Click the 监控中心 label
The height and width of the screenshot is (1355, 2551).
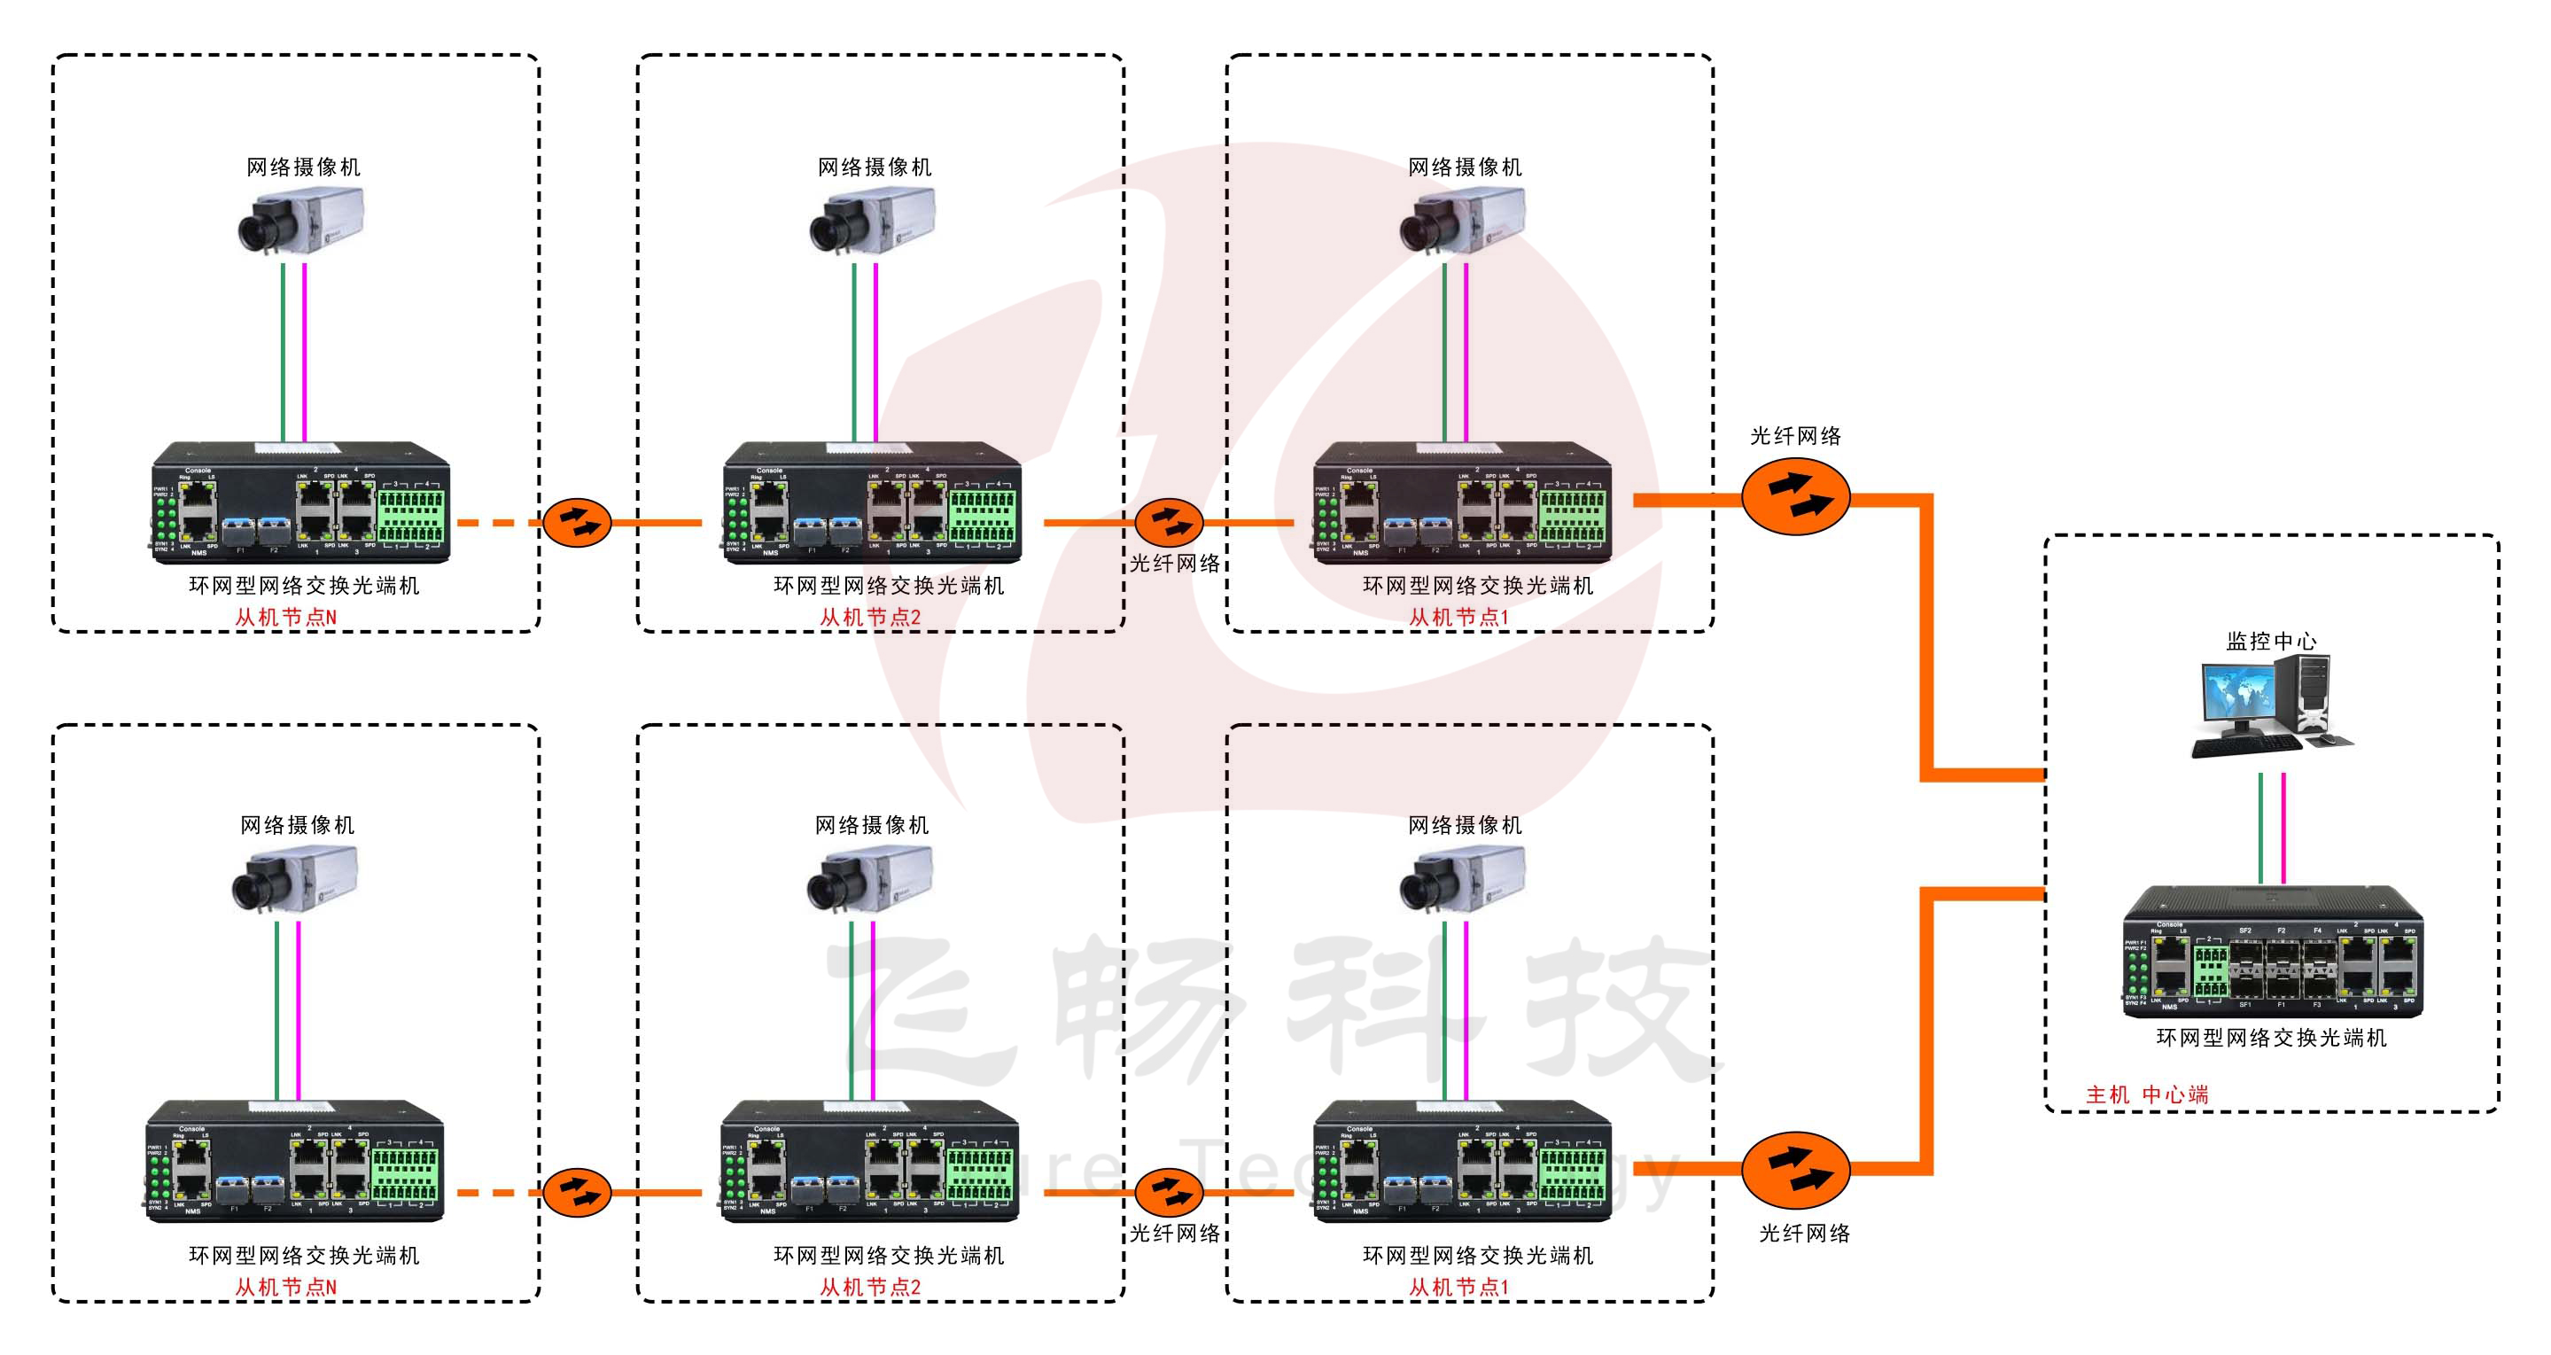click(2271, 641)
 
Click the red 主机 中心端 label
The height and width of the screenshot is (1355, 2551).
click(2146, 1094)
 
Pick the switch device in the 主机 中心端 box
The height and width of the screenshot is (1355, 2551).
click(2272, 953)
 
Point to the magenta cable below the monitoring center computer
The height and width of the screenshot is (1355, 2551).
click(2283, 827)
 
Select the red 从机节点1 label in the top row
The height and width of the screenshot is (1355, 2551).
click(1458, 617)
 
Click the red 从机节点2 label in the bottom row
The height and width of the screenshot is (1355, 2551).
click(869, 1287)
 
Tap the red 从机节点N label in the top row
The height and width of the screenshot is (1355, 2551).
click(285, 617)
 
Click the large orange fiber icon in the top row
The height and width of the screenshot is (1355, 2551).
click(1794, 498)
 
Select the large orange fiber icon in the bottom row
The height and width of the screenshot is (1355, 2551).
click(1794, 1170)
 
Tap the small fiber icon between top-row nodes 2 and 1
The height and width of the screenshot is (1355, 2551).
click(1169, 522)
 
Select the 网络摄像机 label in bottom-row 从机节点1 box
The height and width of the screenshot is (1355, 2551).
click(1465, 825)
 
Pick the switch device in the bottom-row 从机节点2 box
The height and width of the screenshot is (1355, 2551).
click(869, 1161)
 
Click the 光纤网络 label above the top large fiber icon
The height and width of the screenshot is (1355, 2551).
click(1794, 436)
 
